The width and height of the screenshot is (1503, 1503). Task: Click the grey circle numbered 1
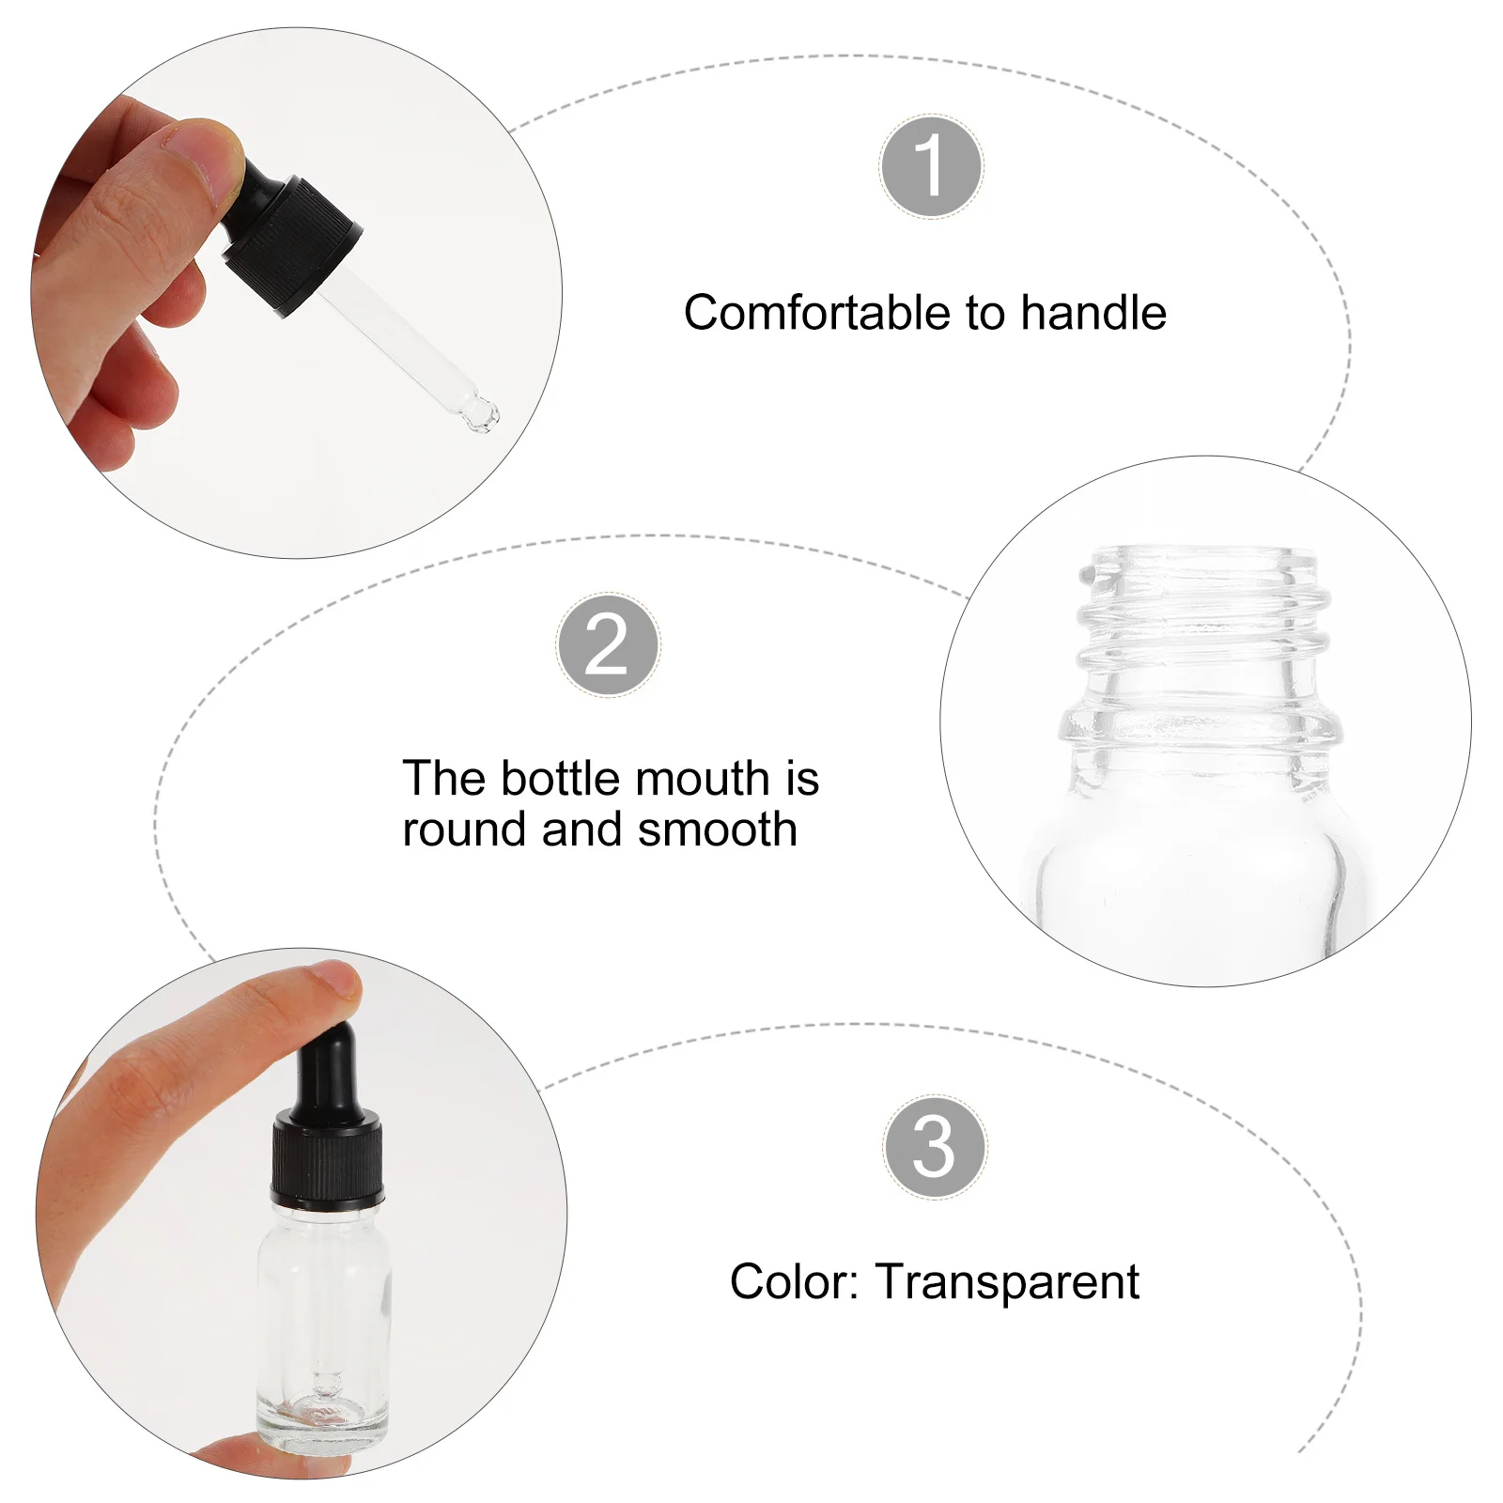click(x=932, y=166)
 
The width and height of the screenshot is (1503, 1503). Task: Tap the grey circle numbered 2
click(x=608, y=644)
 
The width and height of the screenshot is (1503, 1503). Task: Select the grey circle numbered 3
click(x=935, y=1146)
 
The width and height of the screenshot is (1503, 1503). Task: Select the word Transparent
click(x=1007, y=1282)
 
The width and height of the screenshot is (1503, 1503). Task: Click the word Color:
click(x=795, y=1281)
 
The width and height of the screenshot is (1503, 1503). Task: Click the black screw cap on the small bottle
click(x=327, y=1158)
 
